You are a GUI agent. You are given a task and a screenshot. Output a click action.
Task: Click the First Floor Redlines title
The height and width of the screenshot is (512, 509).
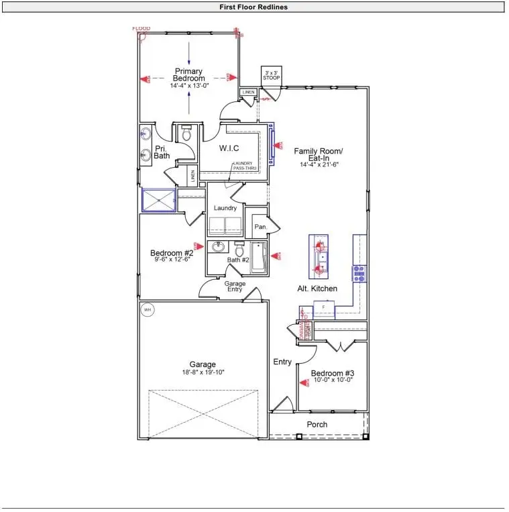pos(253,7)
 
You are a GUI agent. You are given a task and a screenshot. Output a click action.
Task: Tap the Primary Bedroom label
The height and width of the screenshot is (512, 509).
pos(189,74)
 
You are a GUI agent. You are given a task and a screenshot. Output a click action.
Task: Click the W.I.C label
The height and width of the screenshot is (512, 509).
pos(229,148)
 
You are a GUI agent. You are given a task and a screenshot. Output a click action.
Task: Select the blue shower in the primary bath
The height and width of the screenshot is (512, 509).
pos(159,200)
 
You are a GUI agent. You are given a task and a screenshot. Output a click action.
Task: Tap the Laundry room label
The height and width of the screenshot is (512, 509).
pos(225,208)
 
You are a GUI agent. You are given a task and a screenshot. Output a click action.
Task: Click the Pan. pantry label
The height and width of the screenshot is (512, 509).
pos(260,227)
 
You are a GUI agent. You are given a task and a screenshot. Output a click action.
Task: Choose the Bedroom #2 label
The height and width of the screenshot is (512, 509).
pos(172,253)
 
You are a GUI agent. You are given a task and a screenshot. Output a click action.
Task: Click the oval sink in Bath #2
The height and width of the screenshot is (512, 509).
pos(217,248)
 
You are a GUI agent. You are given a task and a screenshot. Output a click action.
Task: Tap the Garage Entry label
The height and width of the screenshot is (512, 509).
pos(235,287)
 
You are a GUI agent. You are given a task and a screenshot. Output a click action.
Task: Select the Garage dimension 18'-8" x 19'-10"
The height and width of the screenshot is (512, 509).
pos(202,373)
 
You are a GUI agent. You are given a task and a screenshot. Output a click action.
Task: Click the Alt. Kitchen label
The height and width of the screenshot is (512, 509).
pos(317,289)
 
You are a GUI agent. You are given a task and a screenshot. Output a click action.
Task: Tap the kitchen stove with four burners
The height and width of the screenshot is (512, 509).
pos(359,273)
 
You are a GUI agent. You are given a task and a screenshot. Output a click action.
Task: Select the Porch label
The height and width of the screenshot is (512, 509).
pos(317,424)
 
